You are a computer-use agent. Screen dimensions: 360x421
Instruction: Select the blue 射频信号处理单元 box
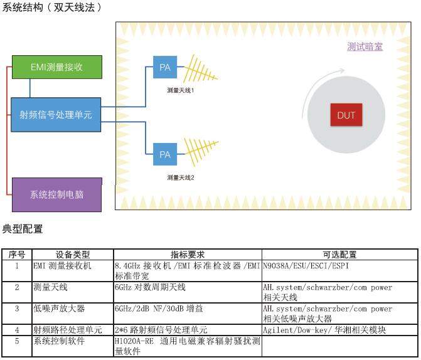tap(56, 115)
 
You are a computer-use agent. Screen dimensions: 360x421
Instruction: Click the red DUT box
tap(346, 115)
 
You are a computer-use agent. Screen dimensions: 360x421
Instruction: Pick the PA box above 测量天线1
tap(165, 67)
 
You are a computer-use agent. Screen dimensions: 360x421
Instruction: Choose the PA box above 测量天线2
tap(165, 154)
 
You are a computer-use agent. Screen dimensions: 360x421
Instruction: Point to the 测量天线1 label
tap(181, 90)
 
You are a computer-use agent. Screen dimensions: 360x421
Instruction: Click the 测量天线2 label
tap(181, 177)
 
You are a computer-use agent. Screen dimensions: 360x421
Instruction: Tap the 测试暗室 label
tap(365, 47)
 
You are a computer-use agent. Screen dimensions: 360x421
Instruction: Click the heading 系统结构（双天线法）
tap(51, 8)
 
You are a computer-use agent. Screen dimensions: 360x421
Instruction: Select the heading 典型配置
tap(23, 229)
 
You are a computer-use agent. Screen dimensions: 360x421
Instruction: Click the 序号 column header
tap(17, 255)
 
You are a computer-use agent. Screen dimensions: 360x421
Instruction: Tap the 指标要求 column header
tap(188, 255)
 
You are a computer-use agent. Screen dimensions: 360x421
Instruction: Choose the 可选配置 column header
tap(339, 255)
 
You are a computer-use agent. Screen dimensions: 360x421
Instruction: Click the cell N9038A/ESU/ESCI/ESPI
tap(306, 265)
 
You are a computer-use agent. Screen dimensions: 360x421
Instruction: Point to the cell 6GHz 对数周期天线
tap(150, 287)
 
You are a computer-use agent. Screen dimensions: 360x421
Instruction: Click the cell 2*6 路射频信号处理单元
tap(161, 330)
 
